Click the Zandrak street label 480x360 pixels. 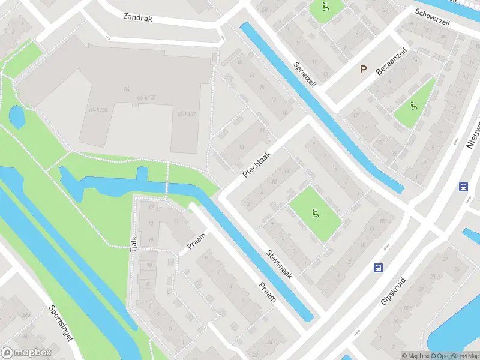138,18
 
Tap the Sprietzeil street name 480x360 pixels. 304,76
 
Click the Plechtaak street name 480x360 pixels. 257,163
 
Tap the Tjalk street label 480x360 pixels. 134,243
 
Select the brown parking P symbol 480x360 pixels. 363,70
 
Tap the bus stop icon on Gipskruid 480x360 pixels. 378,267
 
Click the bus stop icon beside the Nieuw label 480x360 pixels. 463,187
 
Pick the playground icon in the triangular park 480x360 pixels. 413,107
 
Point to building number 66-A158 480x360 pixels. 146,98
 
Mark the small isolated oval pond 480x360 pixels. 17,116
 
